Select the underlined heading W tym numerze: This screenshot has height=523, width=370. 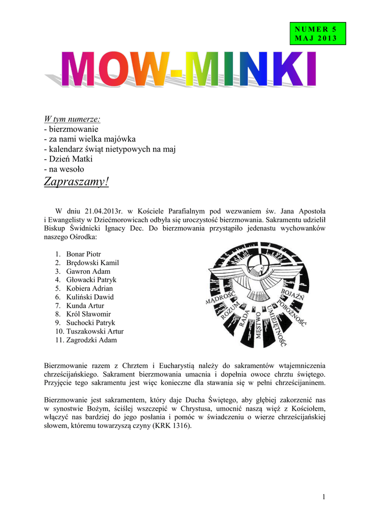click(72, 120)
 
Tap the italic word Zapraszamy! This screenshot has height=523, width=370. click(77, 181)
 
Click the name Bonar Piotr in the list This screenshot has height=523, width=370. click(83, 254)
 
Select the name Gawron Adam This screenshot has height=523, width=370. click(88, 271)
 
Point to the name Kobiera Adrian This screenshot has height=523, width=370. click(89, 289)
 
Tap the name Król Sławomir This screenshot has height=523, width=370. click(88, 314)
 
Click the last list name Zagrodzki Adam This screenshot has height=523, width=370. click(91, 340)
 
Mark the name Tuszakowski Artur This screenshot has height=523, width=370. click(94, 331)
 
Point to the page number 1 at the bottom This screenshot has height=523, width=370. click(324, 497)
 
